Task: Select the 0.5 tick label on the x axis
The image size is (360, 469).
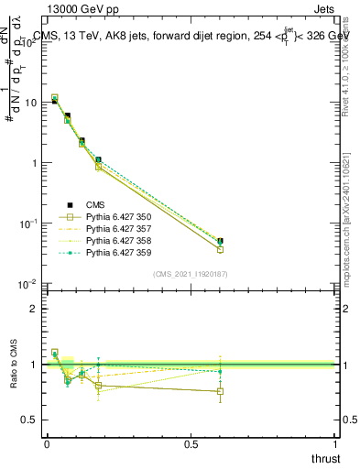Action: pos(191,444)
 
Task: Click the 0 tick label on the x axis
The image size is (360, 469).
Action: pos(47,444)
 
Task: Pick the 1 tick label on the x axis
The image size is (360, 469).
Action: pos(335,444)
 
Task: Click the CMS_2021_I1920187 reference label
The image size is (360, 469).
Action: pos(190,274)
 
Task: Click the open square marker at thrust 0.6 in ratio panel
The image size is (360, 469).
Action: pos(220,391)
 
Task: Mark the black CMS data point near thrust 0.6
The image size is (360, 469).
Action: pos(220,241)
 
